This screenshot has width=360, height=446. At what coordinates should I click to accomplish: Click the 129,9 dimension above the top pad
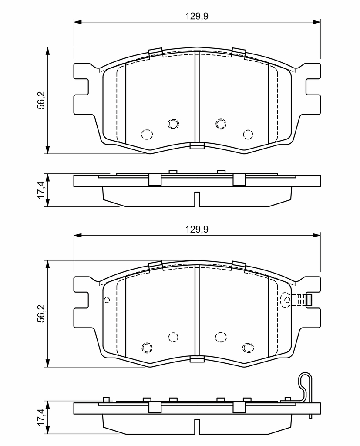pos(197,16)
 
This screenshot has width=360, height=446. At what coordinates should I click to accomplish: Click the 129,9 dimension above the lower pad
pos(197,229)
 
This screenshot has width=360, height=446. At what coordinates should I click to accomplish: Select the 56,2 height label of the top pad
pos(42,101)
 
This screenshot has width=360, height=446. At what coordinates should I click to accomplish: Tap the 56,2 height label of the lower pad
pos(42,314)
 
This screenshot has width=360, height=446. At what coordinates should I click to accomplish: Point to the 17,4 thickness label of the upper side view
pos(42,190)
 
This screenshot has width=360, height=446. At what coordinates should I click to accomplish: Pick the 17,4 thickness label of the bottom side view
pos(42,417)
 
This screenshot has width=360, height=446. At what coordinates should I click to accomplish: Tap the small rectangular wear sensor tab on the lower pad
pos(309,300)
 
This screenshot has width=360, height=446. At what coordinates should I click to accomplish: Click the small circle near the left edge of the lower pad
pos(107,300)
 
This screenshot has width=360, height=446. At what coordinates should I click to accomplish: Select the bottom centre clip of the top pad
pos(197,146)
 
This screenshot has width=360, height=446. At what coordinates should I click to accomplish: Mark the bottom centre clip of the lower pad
pos(197,359)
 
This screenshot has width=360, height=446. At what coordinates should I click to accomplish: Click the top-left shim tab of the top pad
pos(155,52)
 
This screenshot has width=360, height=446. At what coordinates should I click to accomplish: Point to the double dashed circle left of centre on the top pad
pos(173,124)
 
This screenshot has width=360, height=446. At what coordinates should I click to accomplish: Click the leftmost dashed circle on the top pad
pos(147,134)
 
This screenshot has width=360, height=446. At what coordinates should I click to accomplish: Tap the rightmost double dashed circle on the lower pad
pos(248,347)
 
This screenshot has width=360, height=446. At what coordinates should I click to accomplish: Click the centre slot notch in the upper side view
pos(197,199)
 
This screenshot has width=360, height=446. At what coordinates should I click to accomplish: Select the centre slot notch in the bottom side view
pos(197,426)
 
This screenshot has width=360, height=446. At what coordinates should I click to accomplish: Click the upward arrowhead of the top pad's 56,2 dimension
pos(48,51)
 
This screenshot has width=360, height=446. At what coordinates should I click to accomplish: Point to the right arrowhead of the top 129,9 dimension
pos(316,22)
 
